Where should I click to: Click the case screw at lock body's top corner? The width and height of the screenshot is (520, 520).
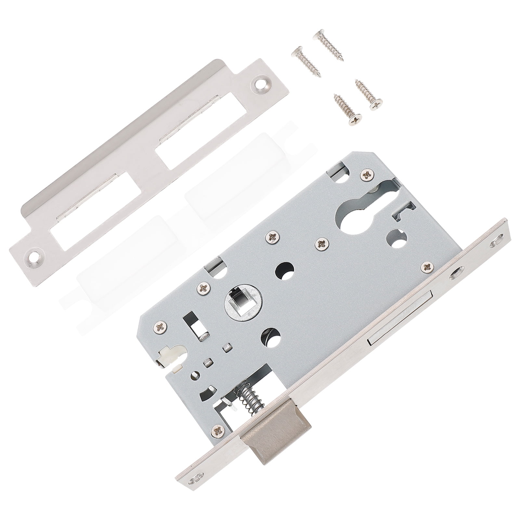coord(368,175)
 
